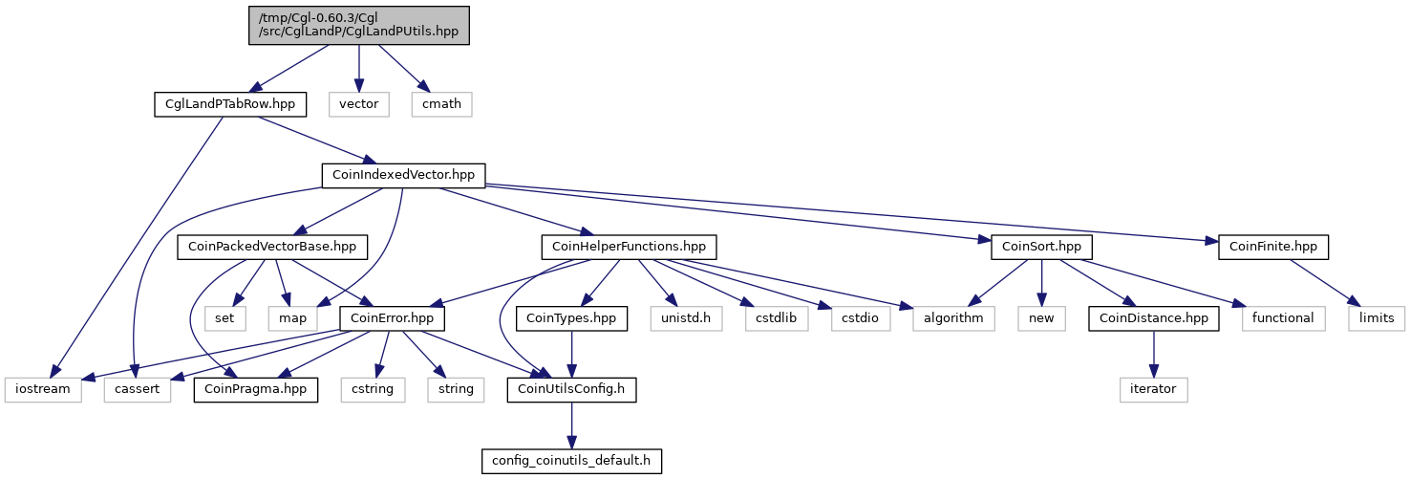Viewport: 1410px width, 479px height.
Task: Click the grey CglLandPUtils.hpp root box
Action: coord(359,25)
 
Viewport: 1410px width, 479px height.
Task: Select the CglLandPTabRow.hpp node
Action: coord(230,104)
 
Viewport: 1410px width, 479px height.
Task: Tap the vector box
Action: coord(359,104)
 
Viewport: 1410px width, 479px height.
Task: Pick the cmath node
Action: coord(442,104)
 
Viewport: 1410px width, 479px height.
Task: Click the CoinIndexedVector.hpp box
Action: coord(403,175)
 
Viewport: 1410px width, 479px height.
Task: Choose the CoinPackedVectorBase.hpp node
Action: coord(272,247)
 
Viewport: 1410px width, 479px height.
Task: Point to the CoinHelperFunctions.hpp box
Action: coord(629,247)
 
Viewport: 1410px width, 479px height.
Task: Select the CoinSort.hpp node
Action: coord(1042,247)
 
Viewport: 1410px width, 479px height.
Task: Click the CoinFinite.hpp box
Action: coord(1273,247)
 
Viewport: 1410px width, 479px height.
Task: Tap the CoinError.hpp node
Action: coord(393,318)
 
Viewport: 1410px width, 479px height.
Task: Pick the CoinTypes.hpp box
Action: coord(571,318)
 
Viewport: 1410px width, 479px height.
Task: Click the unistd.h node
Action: coord(686,318)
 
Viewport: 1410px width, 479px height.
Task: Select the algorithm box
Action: coord(953,318)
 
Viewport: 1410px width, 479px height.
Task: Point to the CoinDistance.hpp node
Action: coord(1154,318)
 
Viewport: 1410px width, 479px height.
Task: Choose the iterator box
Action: coord(1154,389)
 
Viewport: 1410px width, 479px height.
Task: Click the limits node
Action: coord(1377,318)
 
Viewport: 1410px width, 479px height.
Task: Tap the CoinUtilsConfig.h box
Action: coord(571,389)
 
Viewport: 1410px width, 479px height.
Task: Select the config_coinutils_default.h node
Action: coord(571,461)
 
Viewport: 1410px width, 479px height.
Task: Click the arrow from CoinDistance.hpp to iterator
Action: coord(1154,354)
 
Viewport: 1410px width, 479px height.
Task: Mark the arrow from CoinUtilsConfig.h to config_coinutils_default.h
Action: coord(571,425)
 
